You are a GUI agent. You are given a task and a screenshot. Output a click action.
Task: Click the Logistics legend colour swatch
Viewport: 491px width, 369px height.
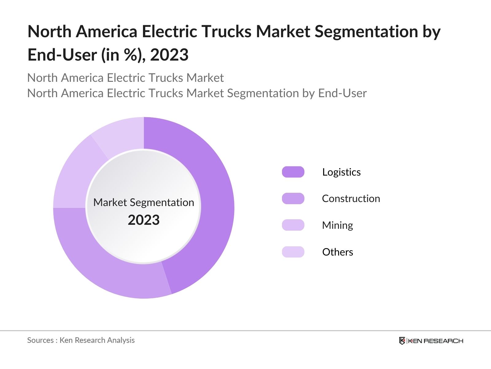(293, 172)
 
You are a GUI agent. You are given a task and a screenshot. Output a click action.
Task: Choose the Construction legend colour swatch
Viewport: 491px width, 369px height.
(293, 199)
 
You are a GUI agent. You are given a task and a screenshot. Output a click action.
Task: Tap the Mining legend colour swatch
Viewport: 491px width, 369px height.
(293, 225)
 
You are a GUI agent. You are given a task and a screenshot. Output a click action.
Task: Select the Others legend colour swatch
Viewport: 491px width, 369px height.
(293, 252)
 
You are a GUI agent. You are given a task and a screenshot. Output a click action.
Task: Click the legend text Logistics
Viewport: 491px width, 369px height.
(341, 172)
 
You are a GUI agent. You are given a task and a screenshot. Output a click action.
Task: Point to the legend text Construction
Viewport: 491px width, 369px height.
(351, 199)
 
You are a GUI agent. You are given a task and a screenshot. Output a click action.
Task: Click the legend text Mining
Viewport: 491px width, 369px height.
(337, 225)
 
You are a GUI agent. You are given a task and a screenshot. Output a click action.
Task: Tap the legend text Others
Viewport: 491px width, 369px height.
(338, 252)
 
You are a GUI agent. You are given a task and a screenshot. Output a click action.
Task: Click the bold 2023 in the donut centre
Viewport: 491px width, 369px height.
(144, 220)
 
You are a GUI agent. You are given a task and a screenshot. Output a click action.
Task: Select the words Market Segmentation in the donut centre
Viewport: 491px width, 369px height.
(144, 202)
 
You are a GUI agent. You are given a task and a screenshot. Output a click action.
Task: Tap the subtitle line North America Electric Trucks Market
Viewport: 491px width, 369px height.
(125, 78)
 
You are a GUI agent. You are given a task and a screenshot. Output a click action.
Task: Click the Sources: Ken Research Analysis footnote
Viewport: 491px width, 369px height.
(81, 340)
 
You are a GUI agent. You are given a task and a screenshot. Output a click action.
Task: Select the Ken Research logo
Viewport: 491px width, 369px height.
(431, 341)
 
